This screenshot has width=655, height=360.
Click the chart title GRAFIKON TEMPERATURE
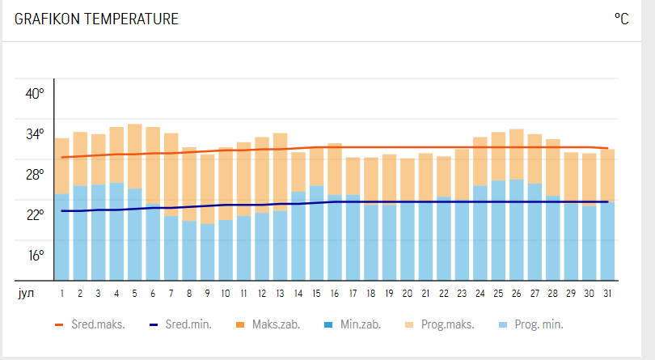[x=96, y=19]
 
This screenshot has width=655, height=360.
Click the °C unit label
[x=621, y=19]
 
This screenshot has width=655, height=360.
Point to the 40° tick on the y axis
[x=35, y=93]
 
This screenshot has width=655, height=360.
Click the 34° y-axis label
[x=35, y=134]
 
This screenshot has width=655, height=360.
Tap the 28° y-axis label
[x=35, y=175]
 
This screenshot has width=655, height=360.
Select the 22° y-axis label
[x=35, y=215]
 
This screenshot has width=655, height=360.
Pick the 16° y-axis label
[x=35, y=256]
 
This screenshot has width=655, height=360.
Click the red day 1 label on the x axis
[x=61, y=293]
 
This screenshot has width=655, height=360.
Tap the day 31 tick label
[x=607, y=293]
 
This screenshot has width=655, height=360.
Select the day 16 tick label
[x=334, y=293]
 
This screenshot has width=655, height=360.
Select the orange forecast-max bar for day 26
[x=516, y=154]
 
